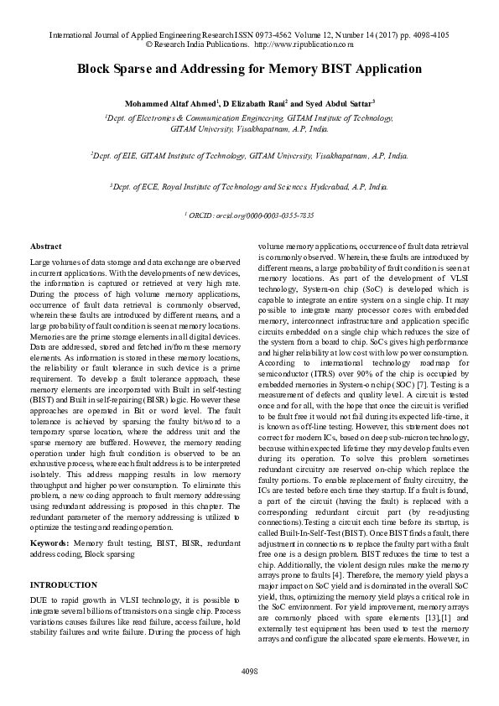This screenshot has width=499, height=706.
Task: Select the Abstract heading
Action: pyautogui.click(x=45, y=247)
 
